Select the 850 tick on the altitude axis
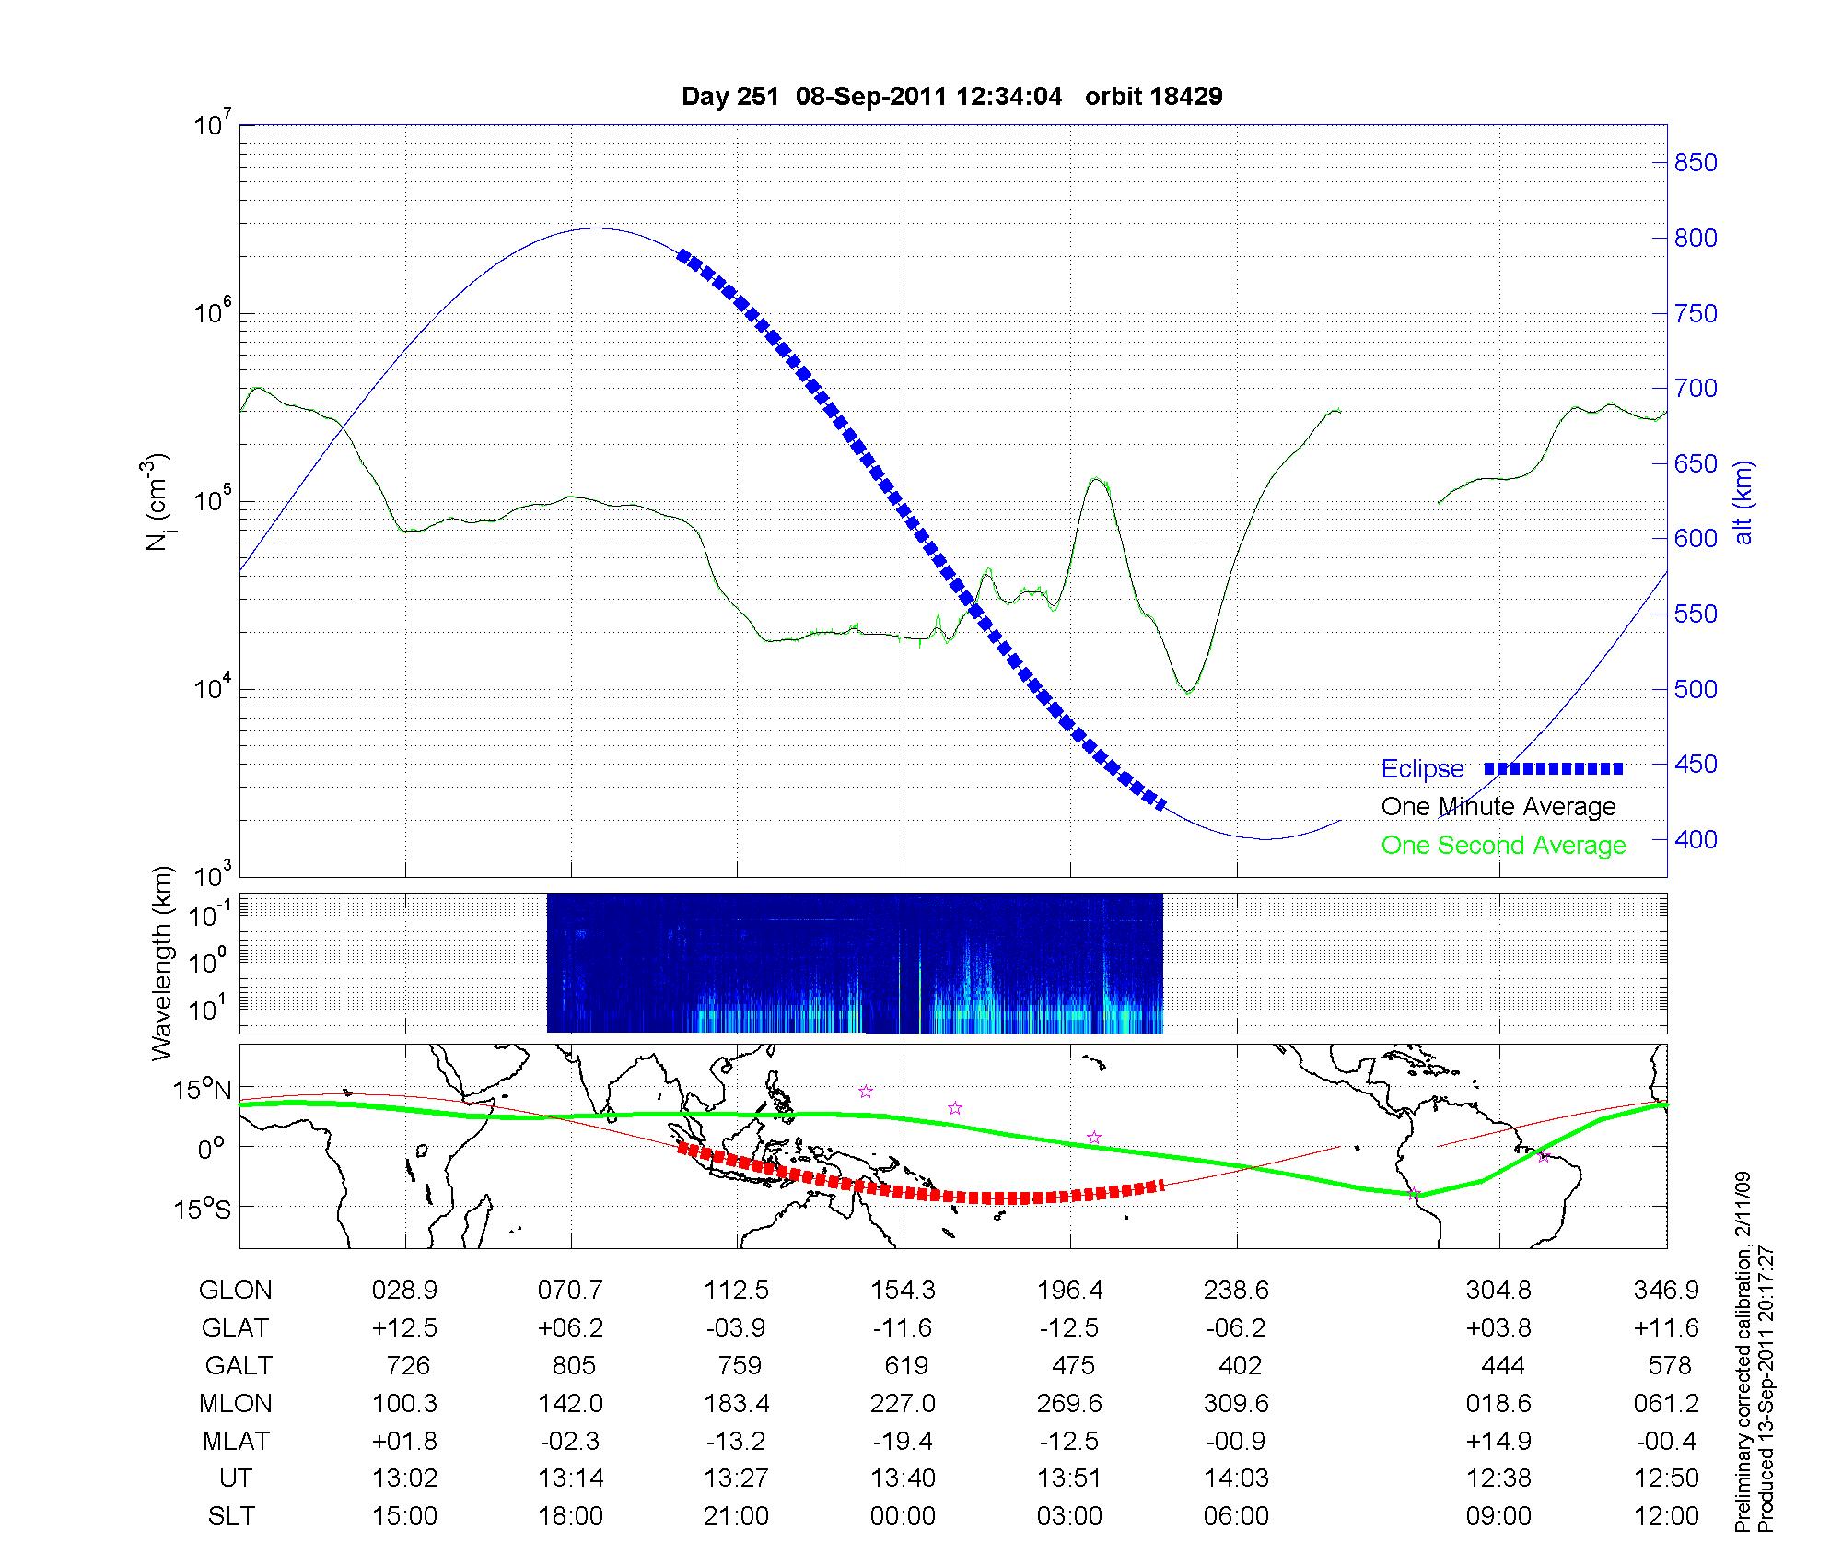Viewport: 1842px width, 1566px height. [1696, 163]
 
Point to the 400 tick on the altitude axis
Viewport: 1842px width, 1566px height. [1696, 839]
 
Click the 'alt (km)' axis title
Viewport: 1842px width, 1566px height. [1743, 502]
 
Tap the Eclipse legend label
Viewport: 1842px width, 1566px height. [1422, 768]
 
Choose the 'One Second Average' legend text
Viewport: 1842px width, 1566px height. [1503, 845]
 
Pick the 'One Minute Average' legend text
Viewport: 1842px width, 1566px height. [1498, 807]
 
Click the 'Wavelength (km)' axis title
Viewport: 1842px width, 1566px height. [162, 963]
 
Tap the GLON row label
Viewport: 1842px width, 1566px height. [235, 1291]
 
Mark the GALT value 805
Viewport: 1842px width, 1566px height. [573, 1365]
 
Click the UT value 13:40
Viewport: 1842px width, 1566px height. [903, 1478]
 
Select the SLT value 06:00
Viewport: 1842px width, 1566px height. [1236, 1516]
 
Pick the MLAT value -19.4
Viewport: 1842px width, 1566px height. [903, 1441]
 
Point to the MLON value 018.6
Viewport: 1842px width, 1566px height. [1498, 1403]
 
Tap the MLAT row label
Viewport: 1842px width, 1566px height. [235, 1441]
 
